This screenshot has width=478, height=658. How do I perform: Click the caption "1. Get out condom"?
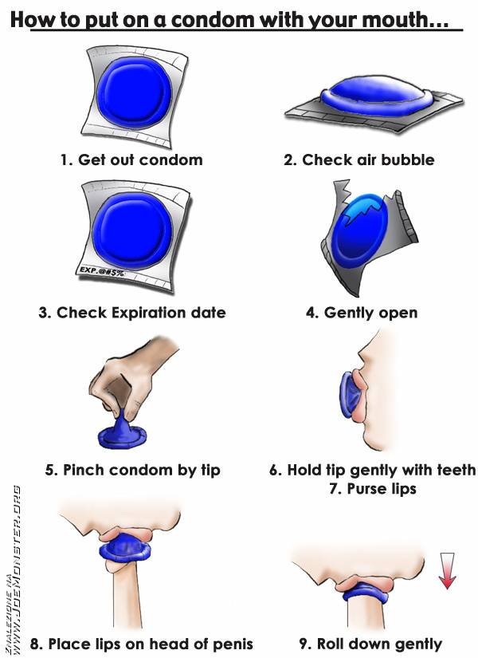131,160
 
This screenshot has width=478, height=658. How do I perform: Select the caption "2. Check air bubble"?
359,160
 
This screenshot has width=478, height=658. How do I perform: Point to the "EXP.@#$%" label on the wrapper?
101,271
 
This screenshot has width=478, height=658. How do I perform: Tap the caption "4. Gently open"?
362,313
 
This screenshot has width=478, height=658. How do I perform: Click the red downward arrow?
447,571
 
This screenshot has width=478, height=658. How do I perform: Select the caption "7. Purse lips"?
373,489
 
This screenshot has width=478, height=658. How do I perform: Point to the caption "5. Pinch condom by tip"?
132,471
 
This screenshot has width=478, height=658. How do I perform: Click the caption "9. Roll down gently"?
370,644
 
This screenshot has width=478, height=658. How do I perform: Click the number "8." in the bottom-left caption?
37,644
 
